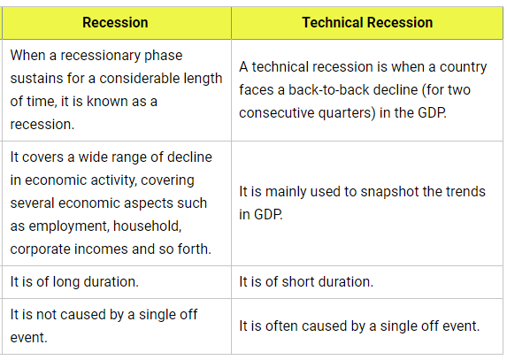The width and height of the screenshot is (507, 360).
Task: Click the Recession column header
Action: click(115, 23)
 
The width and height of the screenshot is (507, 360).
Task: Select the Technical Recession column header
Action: click(367, 23)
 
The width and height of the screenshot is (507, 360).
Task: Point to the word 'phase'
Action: click(163, 56)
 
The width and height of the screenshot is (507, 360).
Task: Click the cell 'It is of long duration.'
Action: click(74, 282)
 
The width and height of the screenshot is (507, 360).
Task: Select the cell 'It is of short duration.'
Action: click(306, 282)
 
